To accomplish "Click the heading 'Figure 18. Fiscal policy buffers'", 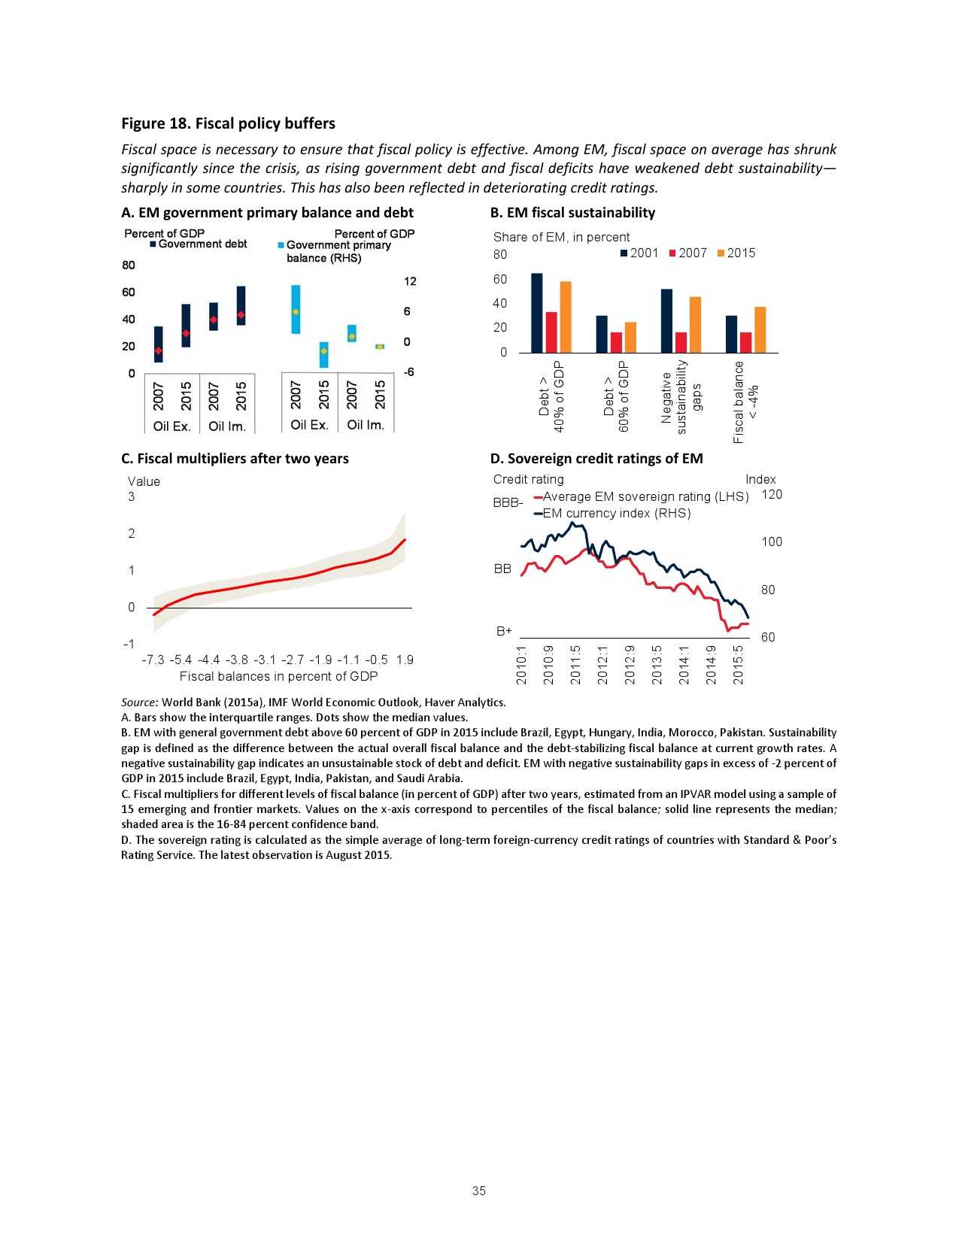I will (x=228, y=123).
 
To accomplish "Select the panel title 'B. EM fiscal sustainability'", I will (x=572, y=213).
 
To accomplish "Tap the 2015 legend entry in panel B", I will (x=736, y=253).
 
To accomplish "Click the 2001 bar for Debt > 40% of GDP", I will (x=536, y=313).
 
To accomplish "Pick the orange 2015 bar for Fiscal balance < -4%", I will (x=760, y=329).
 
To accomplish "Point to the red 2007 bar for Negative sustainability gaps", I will (x=681, y=342).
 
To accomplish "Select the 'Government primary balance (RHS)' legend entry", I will (x=335, y=251).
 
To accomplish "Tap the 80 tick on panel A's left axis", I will (x=129, y=265).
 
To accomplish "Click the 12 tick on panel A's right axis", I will (x=410, y=281).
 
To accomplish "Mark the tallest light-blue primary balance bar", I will (x=296, y=309).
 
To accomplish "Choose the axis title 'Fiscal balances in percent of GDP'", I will (x=278, y=676).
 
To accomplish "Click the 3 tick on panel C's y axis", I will (x=132, y=496).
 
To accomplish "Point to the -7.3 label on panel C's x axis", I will (x=153, y=660).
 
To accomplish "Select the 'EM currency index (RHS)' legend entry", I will (x=613, y=514).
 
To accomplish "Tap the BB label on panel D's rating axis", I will (x=502, y=569).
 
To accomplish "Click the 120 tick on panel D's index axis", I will (x=772, y=494).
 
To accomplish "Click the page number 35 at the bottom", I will (x=479, y=1191).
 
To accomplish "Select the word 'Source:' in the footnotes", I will (x=140, y=702).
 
